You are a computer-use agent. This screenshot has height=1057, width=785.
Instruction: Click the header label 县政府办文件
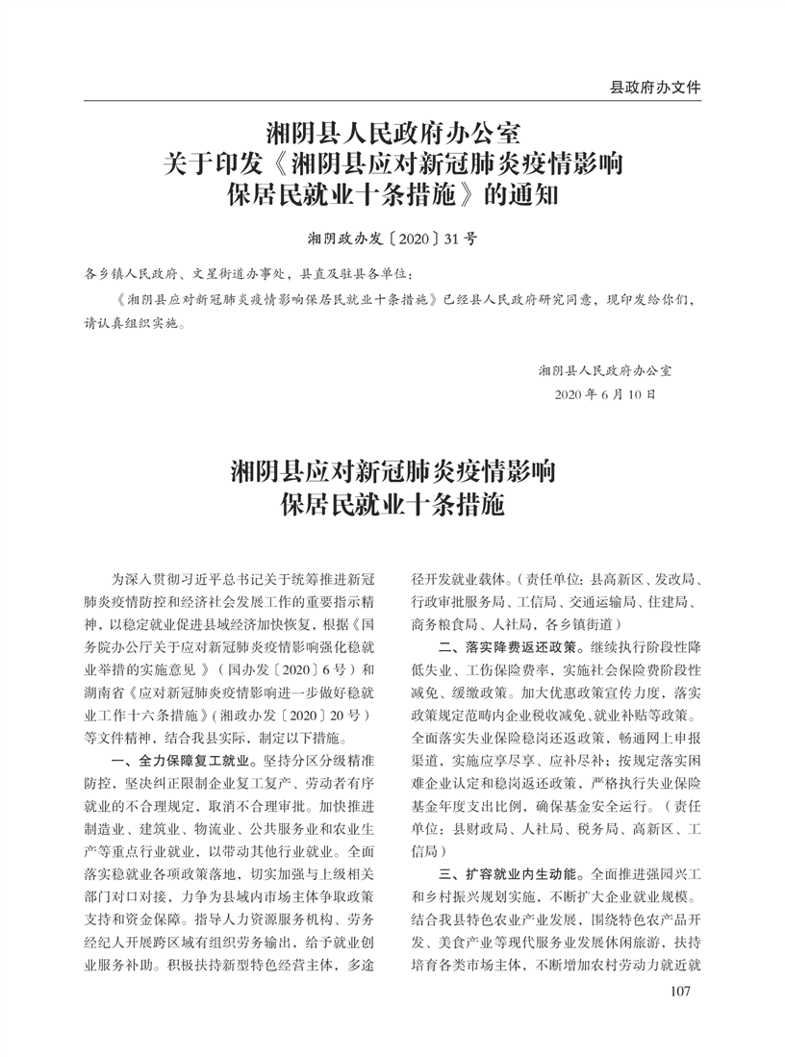coord(655,87)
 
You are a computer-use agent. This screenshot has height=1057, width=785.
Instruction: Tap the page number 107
coord(680,1019)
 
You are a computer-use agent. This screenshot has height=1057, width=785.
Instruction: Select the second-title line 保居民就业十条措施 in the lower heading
coord(392,504)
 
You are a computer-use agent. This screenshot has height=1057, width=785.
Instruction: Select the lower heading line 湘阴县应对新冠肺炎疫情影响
coord(392,472)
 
